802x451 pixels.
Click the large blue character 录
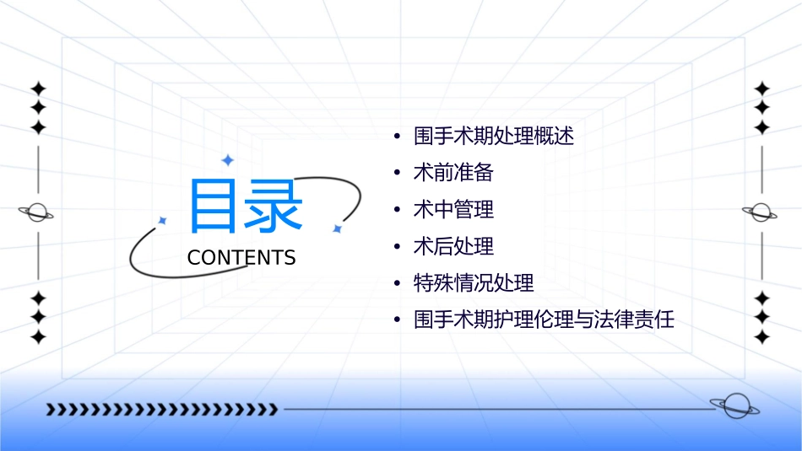point(273,207)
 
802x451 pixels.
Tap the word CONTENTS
point(241,258)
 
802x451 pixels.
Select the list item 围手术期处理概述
point(494,136)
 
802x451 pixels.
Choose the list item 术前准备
point(452,173)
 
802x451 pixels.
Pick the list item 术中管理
point(452,209)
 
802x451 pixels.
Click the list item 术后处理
point(452,246)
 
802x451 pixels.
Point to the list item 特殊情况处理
point(473,283)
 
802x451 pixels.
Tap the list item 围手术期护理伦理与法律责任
point(544,320)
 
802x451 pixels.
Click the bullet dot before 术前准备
point(397,173)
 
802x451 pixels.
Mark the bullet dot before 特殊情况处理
point(397,283)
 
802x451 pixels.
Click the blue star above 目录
point(227,159)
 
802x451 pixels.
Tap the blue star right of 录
point(336,228)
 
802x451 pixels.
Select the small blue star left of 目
point(163,220)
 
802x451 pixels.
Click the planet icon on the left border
point(37,212)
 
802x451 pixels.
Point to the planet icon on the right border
point(761,212)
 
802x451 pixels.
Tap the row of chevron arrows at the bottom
point(161,410)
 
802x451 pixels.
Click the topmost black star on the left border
point(37,88)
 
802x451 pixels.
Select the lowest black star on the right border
point(761,337)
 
